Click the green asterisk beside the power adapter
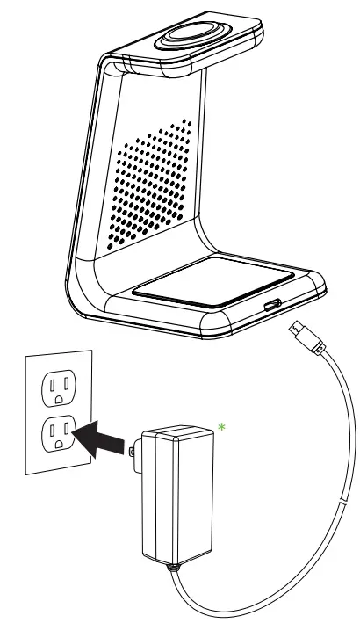[222, 426]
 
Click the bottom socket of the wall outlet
[58, 434]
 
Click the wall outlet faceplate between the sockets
[58, 410]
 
